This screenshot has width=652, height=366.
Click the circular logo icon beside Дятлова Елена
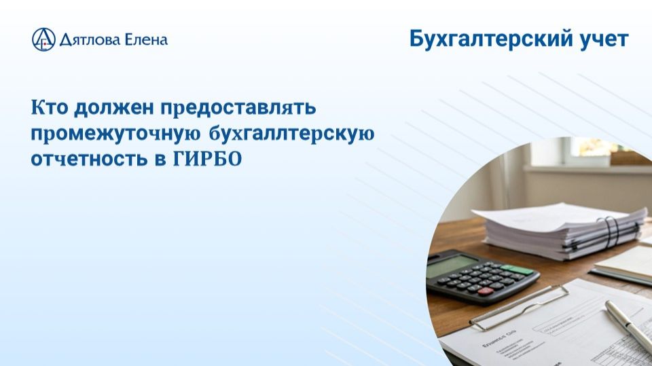(x=43, y=39)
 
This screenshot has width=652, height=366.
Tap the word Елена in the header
(x=145, y=39)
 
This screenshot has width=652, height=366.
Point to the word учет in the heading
(x=602, y=39)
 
